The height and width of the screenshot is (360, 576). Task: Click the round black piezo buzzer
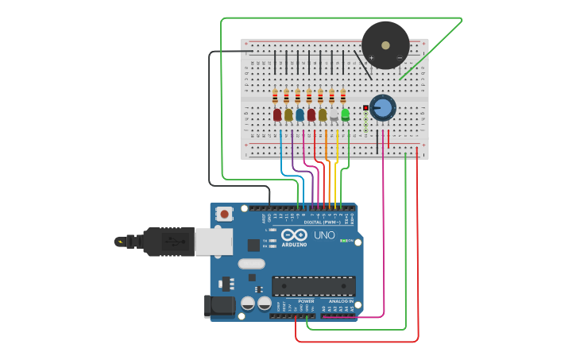tap(385, 45)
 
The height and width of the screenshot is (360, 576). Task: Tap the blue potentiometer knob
tap(382, 108)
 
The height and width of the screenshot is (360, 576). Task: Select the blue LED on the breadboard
tap(300, 115)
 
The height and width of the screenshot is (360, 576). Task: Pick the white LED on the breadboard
tap(334, 116)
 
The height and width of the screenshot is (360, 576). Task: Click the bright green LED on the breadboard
tap(345, 115)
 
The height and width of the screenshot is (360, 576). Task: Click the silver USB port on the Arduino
tap(214, 242)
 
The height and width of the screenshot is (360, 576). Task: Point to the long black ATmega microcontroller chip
tap(313, 286)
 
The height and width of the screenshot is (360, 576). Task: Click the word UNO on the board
tap(324, 236)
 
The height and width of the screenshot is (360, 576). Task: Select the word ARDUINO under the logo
tap(294, 245)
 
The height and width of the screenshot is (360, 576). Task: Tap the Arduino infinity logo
tap(293, 235)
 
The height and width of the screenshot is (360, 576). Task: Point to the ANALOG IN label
tap(340, 302)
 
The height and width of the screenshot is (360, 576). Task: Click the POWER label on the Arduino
tap(306, 302)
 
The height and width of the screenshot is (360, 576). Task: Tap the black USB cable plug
tap(167, 242)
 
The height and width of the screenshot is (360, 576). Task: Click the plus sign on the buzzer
tap(371, 57)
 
